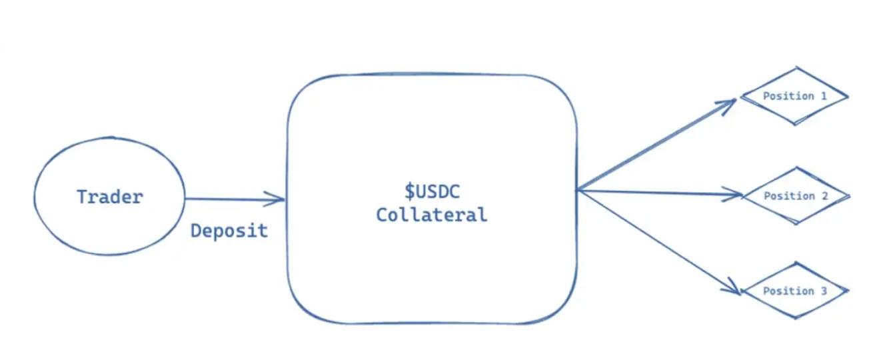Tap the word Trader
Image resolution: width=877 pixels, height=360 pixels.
pos(109,197)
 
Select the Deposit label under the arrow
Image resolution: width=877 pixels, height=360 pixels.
pos(229,231)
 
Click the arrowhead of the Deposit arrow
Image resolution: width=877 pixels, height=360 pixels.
pos(280,198)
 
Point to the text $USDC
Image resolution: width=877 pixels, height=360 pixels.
pos(432,192)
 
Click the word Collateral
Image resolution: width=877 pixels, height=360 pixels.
pos(431,215)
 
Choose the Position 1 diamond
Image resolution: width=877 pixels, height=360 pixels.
pos(794,96)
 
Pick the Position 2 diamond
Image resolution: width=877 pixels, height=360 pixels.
pos(795,196)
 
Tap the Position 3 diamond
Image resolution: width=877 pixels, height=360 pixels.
pos(794,291)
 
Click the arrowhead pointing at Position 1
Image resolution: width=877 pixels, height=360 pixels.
pos(731,101)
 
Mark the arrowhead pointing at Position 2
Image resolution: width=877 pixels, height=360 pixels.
pos(737,195)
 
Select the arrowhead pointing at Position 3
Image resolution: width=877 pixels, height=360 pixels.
pos(736,291)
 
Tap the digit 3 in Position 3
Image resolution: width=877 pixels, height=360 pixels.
pos(824,291)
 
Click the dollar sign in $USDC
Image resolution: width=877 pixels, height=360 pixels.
pos(411,192)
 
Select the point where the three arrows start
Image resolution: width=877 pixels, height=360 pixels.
pos(577,191)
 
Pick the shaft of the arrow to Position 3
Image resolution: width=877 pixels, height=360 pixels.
pos(656,240)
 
